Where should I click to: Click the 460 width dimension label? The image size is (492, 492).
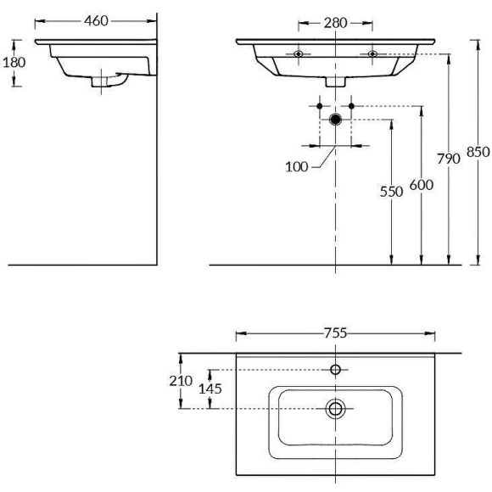pos(96,21)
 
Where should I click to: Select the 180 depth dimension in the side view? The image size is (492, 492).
pos(15,63)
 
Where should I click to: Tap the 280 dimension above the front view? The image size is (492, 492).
pos(336,23)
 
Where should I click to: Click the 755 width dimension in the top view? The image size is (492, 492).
pos(336,333)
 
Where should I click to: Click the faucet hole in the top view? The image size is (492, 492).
pos(336,370)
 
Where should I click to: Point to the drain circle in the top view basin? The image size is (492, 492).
pos(336,409)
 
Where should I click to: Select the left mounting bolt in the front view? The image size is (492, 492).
pos(298,54)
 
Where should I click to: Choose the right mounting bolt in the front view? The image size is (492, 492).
pos(372,54)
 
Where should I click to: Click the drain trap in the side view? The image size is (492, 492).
pos(105,81)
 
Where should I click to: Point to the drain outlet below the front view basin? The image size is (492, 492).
pos(336,82)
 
